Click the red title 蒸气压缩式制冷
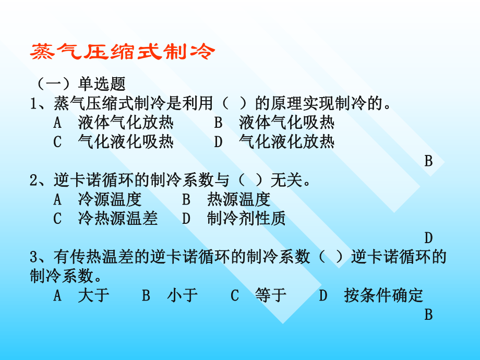(123, 52)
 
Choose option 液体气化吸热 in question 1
(286, 123)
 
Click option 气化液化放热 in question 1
(286, 142)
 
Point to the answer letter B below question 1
(428, 161)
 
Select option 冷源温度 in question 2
(110, 199)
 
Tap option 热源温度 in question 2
(238, 199)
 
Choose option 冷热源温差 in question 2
(117, 219)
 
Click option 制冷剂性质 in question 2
(246, 219)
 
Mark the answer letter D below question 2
(428, 238)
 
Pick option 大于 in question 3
(93, 296)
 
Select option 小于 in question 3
(183, 296)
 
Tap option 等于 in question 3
(271, 296)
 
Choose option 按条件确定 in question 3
(383, 296)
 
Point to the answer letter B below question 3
(428, 315)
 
